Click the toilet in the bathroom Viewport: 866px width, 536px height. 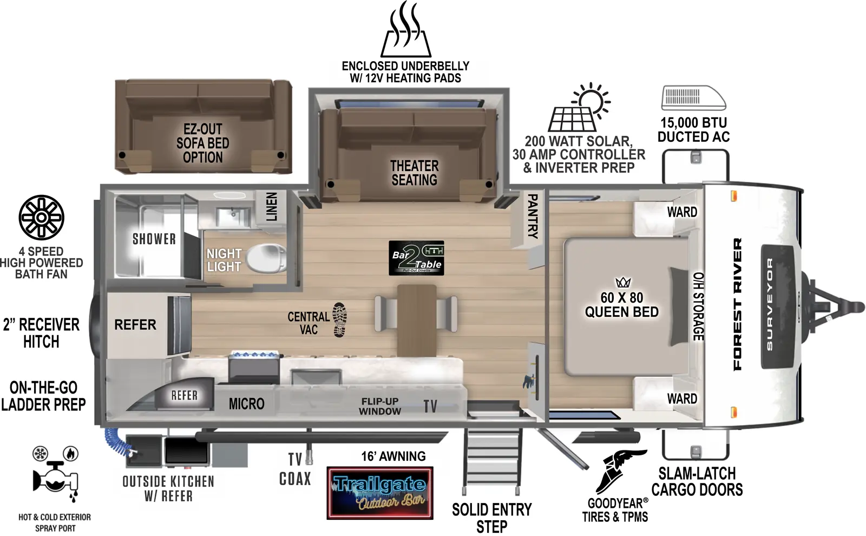pos(266,258)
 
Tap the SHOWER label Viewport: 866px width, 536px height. pos(154,239)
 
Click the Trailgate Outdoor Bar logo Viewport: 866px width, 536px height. pos(380,493)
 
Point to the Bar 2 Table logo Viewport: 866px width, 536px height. pos(417,258)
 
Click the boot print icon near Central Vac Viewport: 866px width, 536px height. pos(339,319)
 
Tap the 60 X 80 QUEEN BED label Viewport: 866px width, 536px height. pos(621,305)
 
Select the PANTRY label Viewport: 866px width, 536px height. pos(533,216)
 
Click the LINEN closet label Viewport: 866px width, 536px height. pos(272,206)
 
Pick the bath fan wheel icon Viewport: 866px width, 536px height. pos(41,218)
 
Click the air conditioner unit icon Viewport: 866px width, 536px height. pos(693,98)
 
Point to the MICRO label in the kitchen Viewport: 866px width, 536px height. pos(246,404)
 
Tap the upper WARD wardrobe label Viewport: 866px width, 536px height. pos(682,212)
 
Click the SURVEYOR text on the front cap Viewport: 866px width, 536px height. pos(770,304)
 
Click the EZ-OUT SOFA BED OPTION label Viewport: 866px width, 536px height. pos(203,143)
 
